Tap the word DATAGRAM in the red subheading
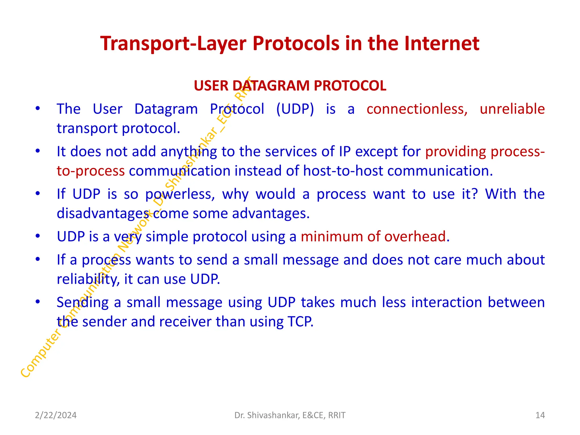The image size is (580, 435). point(271,86)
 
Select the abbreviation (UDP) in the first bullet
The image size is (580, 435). point(295,109)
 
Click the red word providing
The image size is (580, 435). point(456,152)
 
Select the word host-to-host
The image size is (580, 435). point(343,171)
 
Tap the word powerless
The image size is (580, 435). point(180,194)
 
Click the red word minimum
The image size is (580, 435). point(332,236)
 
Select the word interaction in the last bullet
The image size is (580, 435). point(447,302)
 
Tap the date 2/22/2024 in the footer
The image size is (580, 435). point(56,415)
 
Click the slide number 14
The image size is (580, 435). point(540,415)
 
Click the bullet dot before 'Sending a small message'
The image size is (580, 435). point(38,302)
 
